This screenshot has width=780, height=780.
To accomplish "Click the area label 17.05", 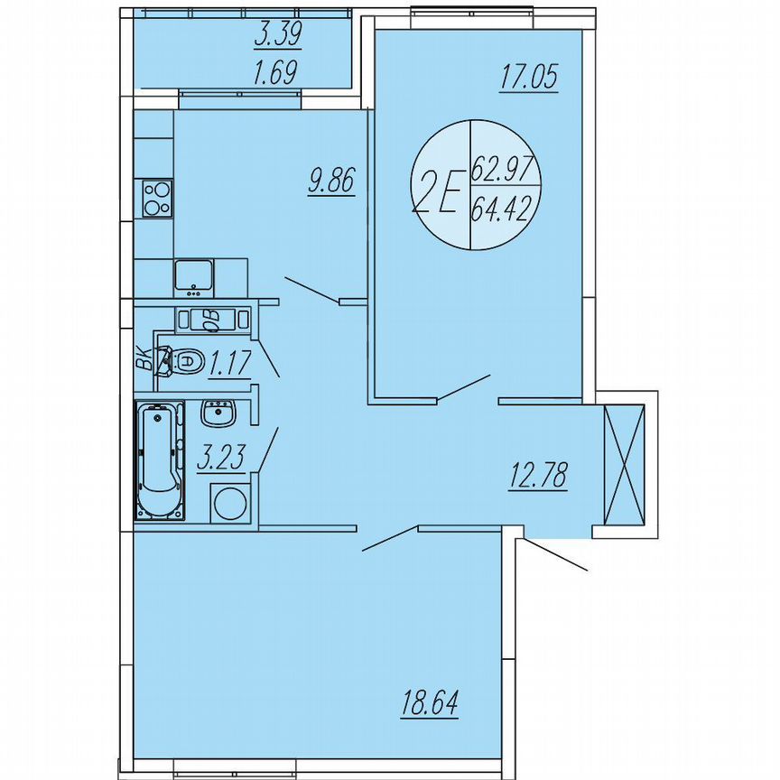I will [x=529, y=78].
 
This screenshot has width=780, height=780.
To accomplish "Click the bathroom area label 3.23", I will [x=221, y=459].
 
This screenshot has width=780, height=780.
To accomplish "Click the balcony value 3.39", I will [x=278, y=34].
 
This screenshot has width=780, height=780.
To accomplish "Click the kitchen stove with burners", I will [x=156, y=198].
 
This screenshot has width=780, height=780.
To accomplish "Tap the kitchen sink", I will [x=193, y=277].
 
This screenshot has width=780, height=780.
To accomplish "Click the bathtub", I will [x=159, y=461].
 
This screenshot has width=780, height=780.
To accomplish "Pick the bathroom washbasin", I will [x=218, y=414].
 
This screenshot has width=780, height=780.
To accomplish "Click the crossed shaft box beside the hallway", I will [x=624, y=467].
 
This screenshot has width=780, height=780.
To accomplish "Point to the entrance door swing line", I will [x=556, y=555].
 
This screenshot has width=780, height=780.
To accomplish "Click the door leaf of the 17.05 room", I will [x=463, y=386].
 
